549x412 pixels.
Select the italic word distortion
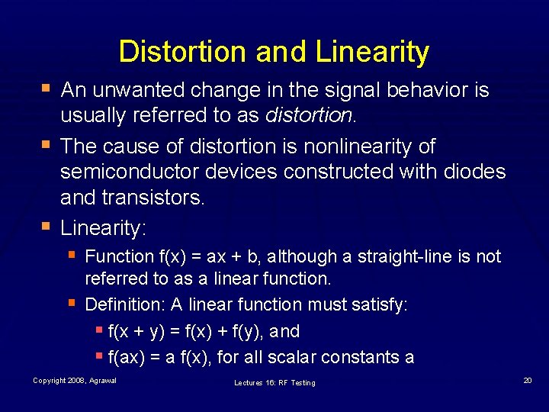[308, 116]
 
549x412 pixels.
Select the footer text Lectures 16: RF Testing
[274, 382]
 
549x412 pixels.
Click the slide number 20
[528, 380]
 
